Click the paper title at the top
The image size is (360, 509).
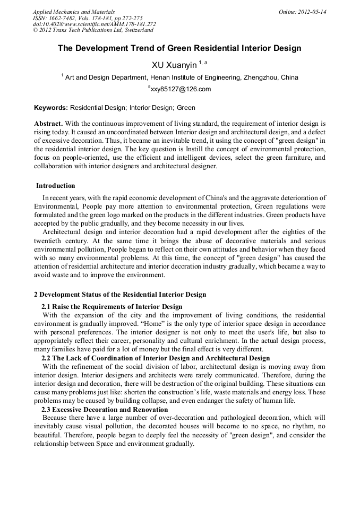tap(179, 48)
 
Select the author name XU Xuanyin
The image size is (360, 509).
tap(174, 65)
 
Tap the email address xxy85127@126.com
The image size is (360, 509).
tap(181, 89)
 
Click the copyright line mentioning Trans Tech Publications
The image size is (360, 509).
tap(93, 30)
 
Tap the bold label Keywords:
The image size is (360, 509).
tap(51, 108)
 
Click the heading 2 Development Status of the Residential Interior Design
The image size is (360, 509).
tap(120, 295)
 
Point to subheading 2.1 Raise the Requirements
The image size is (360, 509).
tap(112, 307)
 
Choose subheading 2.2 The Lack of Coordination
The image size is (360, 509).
tap(155, 358)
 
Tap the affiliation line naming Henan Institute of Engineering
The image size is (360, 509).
tap(179, 77)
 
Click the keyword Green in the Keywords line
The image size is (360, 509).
tap(186, 108)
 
